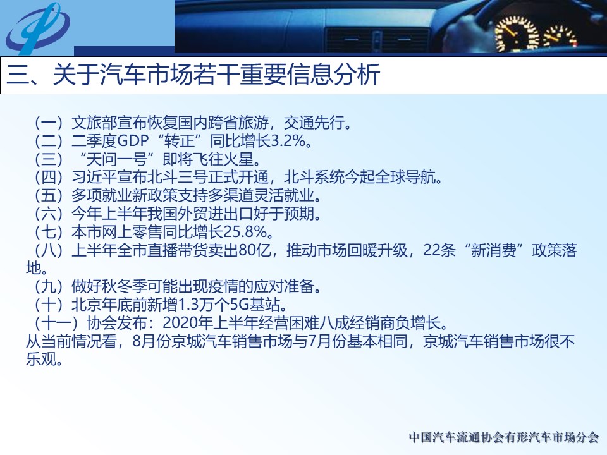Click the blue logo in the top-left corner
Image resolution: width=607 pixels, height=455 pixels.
pyautogui.click(x=37, y=28)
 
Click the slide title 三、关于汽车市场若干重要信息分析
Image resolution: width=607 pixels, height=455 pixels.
pyautogui.click(x=193, y=75)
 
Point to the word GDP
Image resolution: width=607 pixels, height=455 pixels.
pyautogui.click(x=132, y=141)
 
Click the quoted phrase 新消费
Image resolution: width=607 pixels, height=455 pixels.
pyautogui.click(x=493, y=250)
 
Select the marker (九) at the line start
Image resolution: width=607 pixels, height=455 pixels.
pyautogui.click(x=49, y=287)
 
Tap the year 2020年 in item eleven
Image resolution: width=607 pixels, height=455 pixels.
pyautogui.click(x=185, y=323)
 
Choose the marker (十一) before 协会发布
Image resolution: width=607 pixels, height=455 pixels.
pyautogui.click(x=56, y=323)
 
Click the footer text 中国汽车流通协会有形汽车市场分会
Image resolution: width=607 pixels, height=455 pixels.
pyautogui.click(x=504, y=437)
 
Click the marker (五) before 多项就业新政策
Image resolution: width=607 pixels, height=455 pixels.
pyautogui.click(x=49, y=195)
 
